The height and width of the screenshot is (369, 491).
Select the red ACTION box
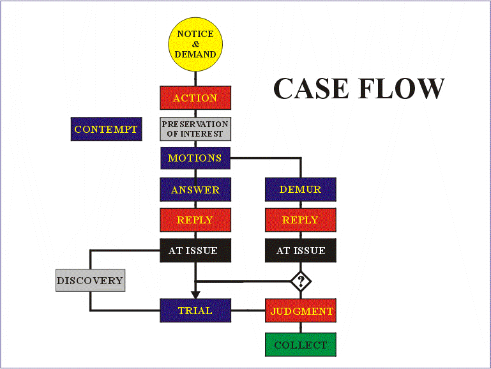pos(195,98)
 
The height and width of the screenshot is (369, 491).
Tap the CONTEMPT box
pos(106,129)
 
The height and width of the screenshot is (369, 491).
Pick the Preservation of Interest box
pos(195,128)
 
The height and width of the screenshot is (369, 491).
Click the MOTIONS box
pos(195,158)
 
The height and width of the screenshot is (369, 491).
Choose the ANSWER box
pos(195,190)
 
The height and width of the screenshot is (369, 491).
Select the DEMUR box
pos(300,190)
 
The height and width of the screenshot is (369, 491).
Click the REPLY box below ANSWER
pos(195,220)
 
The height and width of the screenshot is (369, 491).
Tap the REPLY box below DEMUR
pos(300,220)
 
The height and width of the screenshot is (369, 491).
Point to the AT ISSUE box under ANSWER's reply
pos(195,250)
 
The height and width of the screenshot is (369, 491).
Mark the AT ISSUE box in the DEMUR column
pos(300,250)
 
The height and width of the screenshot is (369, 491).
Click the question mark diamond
pos(300,281)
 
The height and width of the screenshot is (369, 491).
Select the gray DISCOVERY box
pos(89,280)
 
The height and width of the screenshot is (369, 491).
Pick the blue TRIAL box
pos(195,311)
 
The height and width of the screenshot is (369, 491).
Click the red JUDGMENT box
pos(300,311)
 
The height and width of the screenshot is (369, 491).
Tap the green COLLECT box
pos(300,345)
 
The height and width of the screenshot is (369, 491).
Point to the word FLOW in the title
pos(403,88)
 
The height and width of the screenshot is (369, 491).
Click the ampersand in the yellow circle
pos(195,44)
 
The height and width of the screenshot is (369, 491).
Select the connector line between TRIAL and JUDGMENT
pos(248,311)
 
